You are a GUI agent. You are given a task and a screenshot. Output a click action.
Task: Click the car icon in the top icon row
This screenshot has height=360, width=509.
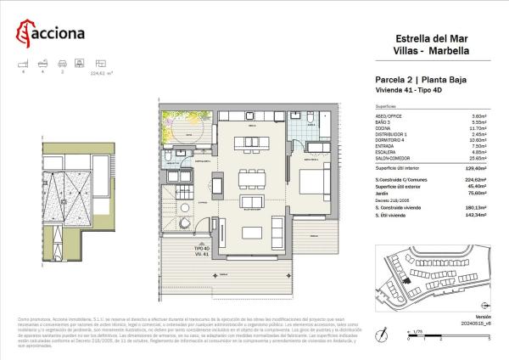pyautogui.click(x=61, y=63)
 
